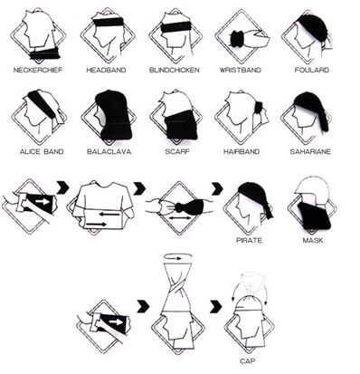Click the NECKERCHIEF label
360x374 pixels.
38,70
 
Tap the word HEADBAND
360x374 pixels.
106,70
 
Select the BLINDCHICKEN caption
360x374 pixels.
175,70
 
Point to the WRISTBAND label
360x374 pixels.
240,70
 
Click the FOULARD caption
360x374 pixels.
312,70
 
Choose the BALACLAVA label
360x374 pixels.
109,151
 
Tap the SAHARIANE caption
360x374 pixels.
310,151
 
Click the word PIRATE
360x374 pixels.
250,240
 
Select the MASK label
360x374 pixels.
313,240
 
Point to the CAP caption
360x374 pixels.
248,360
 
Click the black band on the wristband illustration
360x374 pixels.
237,39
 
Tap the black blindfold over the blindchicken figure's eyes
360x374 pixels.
175,27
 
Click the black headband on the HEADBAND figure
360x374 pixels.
109,22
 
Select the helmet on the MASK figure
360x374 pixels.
312,189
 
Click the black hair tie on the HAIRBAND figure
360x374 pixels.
259,107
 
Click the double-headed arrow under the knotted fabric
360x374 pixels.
179,217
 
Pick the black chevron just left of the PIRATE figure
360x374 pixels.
217,188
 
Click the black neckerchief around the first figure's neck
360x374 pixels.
44,53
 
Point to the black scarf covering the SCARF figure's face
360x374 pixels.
182,124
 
